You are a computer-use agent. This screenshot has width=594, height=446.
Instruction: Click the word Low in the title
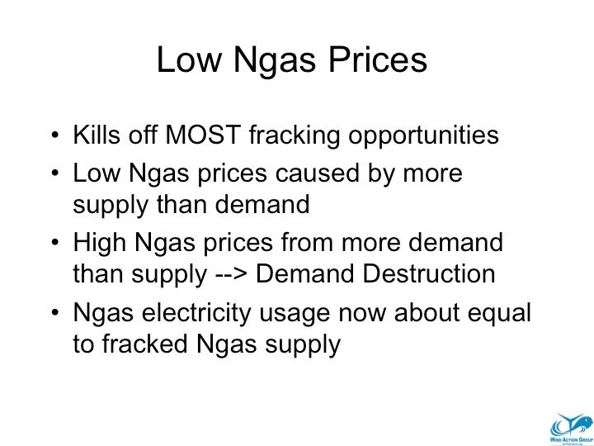[189, 59]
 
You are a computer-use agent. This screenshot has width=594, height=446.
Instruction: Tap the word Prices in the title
[378, 59]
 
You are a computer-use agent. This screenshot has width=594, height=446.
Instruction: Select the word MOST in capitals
[203, 135]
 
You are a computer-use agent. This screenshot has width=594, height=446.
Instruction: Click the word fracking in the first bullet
[295, 135]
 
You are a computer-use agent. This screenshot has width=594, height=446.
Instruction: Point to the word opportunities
[423, 136]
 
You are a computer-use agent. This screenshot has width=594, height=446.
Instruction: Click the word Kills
[97, 135]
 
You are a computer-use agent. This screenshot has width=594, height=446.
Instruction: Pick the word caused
[317, 173]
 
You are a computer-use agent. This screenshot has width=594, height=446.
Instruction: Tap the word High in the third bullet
[100, 243]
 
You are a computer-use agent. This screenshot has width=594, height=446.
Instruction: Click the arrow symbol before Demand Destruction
[231, 274]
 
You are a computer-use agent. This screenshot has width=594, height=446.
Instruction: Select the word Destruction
[429, 274]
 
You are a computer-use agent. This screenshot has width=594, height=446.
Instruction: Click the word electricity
[196, 314]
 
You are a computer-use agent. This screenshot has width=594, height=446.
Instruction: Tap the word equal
[499, 315]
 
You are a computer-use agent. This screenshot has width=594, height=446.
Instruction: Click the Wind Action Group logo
[571, 429]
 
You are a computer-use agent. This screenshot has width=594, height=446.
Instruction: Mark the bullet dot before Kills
[55, 135]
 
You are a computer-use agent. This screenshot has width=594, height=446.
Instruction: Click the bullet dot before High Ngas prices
[55, 243]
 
